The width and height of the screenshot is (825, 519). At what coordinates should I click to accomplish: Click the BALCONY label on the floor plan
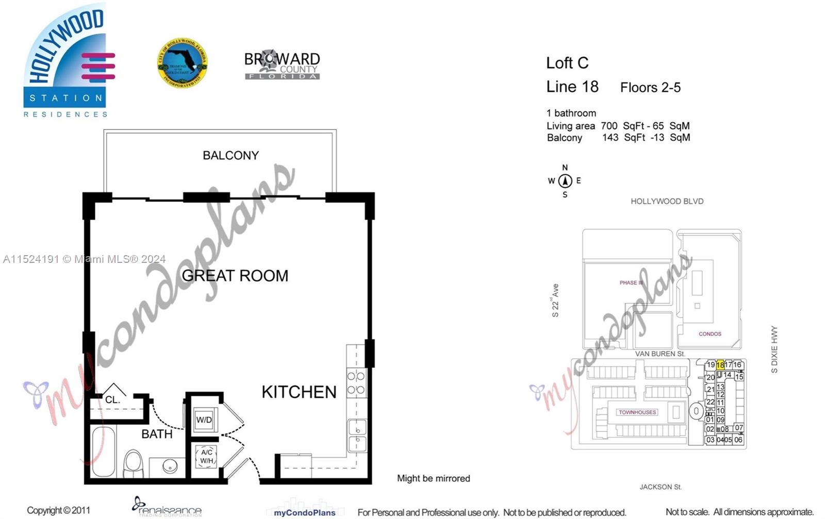[x=230, y=155]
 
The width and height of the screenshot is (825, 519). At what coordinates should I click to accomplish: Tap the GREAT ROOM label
[x=235, y=276]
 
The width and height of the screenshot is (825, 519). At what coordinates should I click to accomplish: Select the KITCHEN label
[x=299, y=392]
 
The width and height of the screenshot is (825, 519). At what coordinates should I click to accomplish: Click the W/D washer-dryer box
[x=204, y=420]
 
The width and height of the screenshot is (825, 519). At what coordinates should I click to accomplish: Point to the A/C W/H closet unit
[x=206, y=457]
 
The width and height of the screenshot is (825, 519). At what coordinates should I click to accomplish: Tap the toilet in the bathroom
[x=134, y=464]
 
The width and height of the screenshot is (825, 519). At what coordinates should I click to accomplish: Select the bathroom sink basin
[x=170, y=467]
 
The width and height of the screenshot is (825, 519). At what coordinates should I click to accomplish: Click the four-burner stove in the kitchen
[x=356, y=383]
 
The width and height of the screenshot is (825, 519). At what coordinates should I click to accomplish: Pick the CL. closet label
[x=112, y=399]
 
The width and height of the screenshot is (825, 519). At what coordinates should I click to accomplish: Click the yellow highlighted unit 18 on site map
[x=720, y=365]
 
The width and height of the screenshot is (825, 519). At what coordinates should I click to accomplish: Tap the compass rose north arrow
[x=565, y=181]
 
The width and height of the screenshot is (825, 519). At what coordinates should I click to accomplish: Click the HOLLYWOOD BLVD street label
[x=667, y=202]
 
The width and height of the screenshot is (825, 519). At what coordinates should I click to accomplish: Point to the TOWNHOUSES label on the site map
[x=637, y=412]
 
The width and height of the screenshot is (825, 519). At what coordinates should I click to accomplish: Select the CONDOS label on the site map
[x=709, y=334]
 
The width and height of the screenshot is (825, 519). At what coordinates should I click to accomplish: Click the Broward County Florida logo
[x=282, y=65]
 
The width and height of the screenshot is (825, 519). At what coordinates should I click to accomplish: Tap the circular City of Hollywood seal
[x=182, y=62]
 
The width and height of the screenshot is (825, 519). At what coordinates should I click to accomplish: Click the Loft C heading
[x=567, y=63]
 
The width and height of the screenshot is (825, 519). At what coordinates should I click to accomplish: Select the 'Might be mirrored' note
[x=433, y=478]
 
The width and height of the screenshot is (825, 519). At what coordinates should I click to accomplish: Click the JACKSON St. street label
[x=661, y=487]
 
